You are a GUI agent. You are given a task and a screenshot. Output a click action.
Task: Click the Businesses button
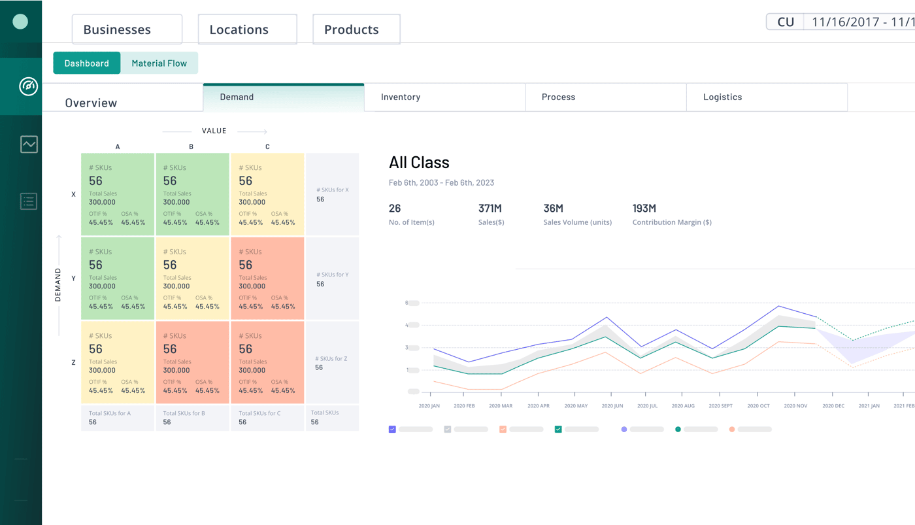pos(127,29)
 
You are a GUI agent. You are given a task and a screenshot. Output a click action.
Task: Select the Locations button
pos(248,29)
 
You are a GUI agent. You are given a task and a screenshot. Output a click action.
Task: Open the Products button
pos(357,29)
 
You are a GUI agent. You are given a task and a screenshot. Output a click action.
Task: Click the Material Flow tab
pos(159,63)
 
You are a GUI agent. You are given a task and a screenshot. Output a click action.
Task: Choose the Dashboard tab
pos(86,63)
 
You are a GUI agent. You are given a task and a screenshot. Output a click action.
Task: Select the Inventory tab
pos(444,97)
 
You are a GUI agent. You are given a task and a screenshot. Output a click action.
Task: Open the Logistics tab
pos(767,97)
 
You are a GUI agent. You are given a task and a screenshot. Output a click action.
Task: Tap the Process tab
pos(606,97)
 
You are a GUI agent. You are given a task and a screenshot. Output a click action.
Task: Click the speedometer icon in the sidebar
pos(29,86)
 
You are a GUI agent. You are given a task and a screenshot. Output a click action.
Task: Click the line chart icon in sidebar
pos(29,144)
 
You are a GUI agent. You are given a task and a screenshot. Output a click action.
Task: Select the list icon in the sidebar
pos(29,201)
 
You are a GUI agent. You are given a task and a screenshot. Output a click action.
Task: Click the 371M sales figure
pos(490,209)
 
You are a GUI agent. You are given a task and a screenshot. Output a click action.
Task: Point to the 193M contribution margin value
pos(644,209)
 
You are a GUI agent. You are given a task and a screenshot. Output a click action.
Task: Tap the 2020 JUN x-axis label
pos(612,406)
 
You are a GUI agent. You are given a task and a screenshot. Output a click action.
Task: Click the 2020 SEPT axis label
pos(720,406)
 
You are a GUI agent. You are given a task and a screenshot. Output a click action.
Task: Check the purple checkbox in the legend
pos(392,430)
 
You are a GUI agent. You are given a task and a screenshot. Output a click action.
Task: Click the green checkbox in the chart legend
pos(558,430)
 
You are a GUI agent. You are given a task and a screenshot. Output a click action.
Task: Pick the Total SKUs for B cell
pos(192,418)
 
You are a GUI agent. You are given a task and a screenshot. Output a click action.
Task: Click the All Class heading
pos(419,163)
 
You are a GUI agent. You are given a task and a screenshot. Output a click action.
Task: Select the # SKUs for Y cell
pos(332,279)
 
